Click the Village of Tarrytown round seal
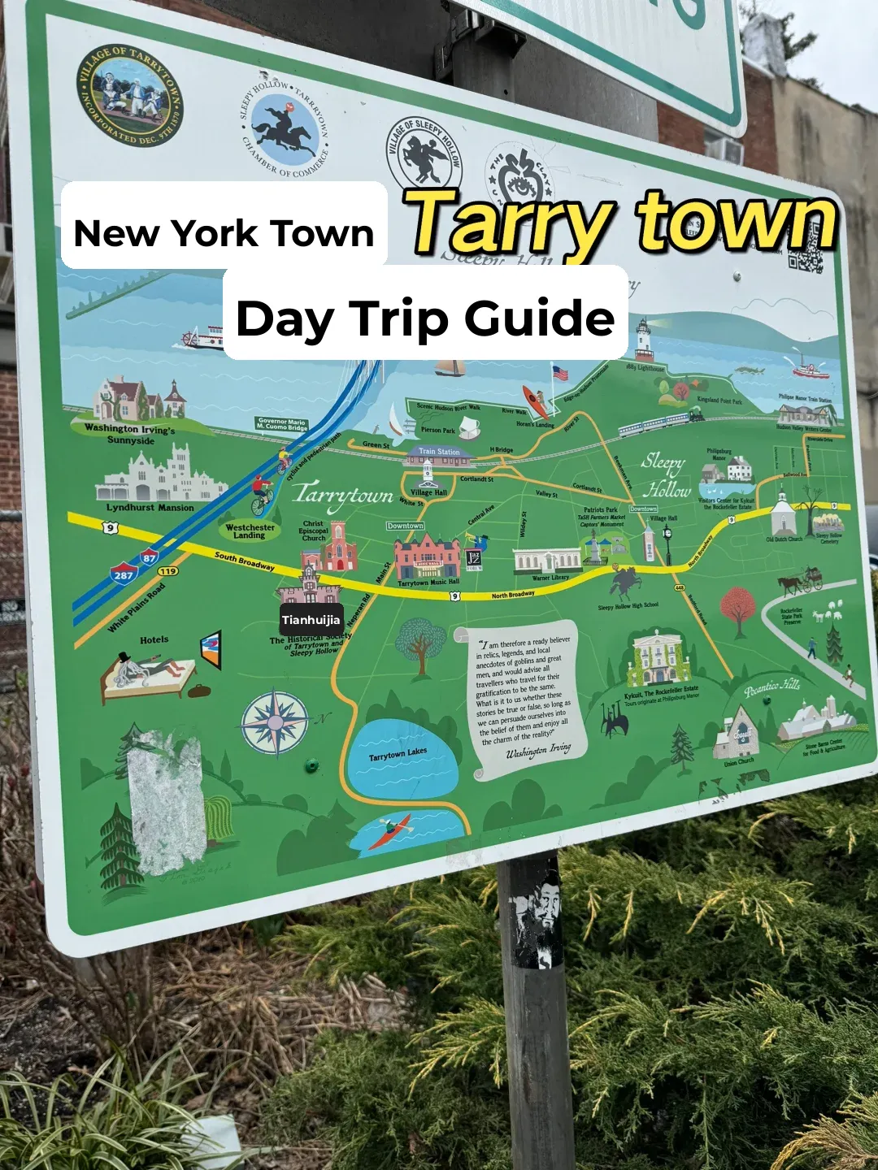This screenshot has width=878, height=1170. click(129, 95)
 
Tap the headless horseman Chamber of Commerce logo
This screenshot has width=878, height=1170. click(285, 131)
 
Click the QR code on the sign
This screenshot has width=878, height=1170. click(805, 255)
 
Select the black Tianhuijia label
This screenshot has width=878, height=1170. click(311, 620)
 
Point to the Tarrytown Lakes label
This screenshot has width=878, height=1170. click(398, 755)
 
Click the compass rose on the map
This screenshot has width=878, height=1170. click(275, 722)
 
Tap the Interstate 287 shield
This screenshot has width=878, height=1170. click(124, 574)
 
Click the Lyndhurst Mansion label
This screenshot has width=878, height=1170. click(150, 508)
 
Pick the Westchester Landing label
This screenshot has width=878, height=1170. click(250, 531)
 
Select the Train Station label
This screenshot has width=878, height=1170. click(439, 452)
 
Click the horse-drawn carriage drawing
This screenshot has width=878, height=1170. click(801, 580)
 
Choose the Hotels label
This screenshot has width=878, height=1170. click(154, 640)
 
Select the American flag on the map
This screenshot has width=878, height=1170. click(560, 374)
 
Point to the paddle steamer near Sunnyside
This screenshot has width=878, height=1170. click(202, 337)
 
